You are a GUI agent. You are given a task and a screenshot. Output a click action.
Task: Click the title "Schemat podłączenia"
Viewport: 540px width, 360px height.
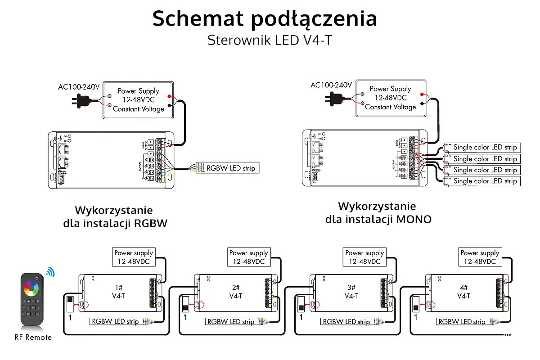coord(265,19)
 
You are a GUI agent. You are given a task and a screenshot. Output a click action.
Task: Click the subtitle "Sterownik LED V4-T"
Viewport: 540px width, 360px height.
coord(270,40)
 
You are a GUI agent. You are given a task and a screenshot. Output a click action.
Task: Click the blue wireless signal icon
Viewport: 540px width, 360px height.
coord(50,272)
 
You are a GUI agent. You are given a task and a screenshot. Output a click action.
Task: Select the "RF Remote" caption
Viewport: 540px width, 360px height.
coord(33,337)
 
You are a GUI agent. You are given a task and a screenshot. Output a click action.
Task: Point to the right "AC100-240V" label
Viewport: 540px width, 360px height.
coord(331,85)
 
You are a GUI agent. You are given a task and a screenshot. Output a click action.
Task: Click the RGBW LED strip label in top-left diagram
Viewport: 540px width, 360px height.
coord(230,168)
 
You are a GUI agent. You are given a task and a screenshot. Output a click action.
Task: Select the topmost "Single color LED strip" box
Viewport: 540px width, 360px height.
coord(485,147)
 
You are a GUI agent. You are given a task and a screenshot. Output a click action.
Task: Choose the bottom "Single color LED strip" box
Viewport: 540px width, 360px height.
coord(485,181)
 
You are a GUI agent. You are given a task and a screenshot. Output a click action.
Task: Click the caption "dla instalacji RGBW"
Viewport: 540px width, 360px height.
coord(115,223)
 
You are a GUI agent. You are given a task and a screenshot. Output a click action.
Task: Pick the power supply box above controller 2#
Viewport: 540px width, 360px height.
coord(248,257)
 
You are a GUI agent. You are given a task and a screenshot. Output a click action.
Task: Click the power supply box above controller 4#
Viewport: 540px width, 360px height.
coord(480,257)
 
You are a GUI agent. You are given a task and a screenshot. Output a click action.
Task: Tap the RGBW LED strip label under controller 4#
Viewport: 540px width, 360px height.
coord(462,322)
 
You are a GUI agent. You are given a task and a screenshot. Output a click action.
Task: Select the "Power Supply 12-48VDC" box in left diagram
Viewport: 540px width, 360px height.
coord(138,100)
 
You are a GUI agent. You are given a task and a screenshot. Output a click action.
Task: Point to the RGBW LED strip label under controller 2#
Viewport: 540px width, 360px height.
coord(230,322)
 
